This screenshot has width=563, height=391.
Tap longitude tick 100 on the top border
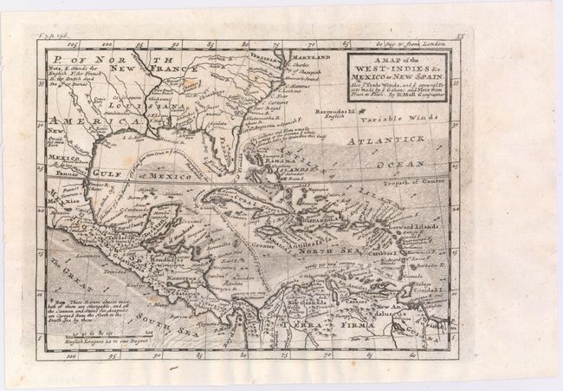pyautogui.click(x=108, y=40)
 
